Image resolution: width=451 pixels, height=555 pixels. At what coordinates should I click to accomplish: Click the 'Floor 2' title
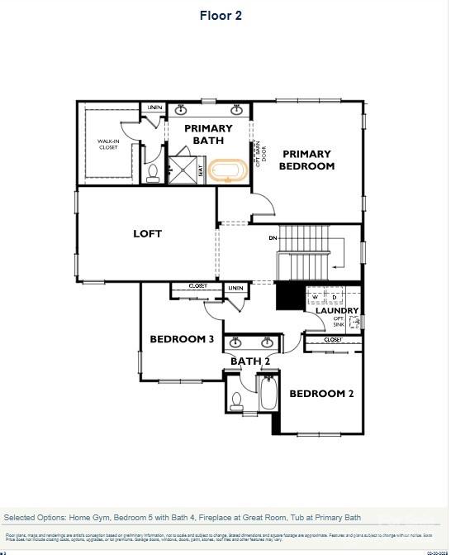[221, 15]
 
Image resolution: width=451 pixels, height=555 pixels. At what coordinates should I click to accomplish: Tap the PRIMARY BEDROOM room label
[306, 160]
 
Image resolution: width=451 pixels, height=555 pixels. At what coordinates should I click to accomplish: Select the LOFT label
[147, 234]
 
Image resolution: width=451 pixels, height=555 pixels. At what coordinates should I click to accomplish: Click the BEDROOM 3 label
[182, 339]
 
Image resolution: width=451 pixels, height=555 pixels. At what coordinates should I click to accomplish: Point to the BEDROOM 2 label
[321, 394]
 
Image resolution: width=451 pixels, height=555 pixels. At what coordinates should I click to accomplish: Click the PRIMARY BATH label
[208, 134]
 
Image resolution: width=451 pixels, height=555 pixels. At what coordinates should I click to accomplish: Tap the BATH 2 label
[249, 361]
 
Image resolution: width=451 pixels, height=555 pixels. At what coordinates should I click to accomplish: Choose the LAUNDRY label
[337, 311]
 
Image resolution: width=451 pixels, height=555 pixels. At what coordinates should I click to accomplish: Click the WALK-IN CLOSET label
[108, 145]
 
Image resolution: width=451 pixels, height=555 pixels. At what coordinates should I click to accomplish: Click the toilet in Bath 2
[237, 402]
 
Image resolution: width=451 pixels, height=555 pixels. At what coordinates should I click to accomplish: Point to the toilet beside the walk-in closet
[152, 173]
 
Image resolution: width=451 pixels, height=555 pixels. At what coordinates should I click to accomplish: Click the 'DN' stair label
[273, 238]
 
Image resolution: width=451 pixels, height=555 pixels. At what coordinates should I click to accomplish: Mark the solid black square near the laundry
[290, 295]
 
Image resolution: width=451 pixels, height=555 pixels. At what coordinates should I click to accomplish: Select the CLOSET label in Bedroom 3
[197, 286]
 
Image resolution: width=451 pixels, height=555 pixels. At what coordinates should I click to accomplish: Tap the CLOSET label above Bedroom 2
[333, 340]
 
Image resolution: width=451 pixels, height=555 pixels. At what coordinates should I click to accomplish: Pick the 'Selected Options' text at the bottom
[183, 517]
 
